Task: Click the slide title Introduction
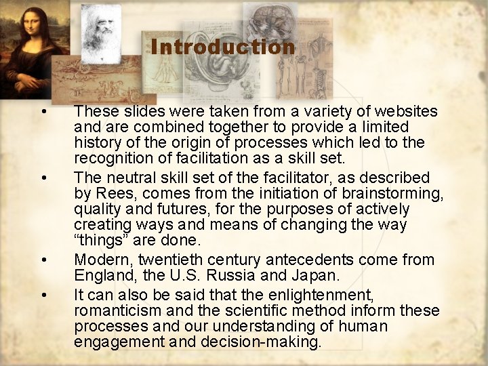pos(223,47)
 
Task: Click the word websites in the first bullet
pos(404,111)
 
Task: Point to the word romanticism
pos(117,310)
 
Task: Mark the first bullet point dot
pos(43,111)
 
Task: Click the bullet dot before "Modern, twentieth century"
pos(43,260)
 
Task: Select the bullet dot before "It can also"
pos(43,295)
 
